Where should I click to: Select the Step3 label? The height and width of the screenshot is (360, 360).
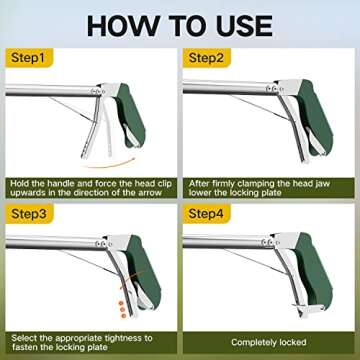point(30,215)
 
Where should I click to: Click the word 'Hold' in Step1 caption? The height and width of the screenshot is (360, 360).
point(22,181)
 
